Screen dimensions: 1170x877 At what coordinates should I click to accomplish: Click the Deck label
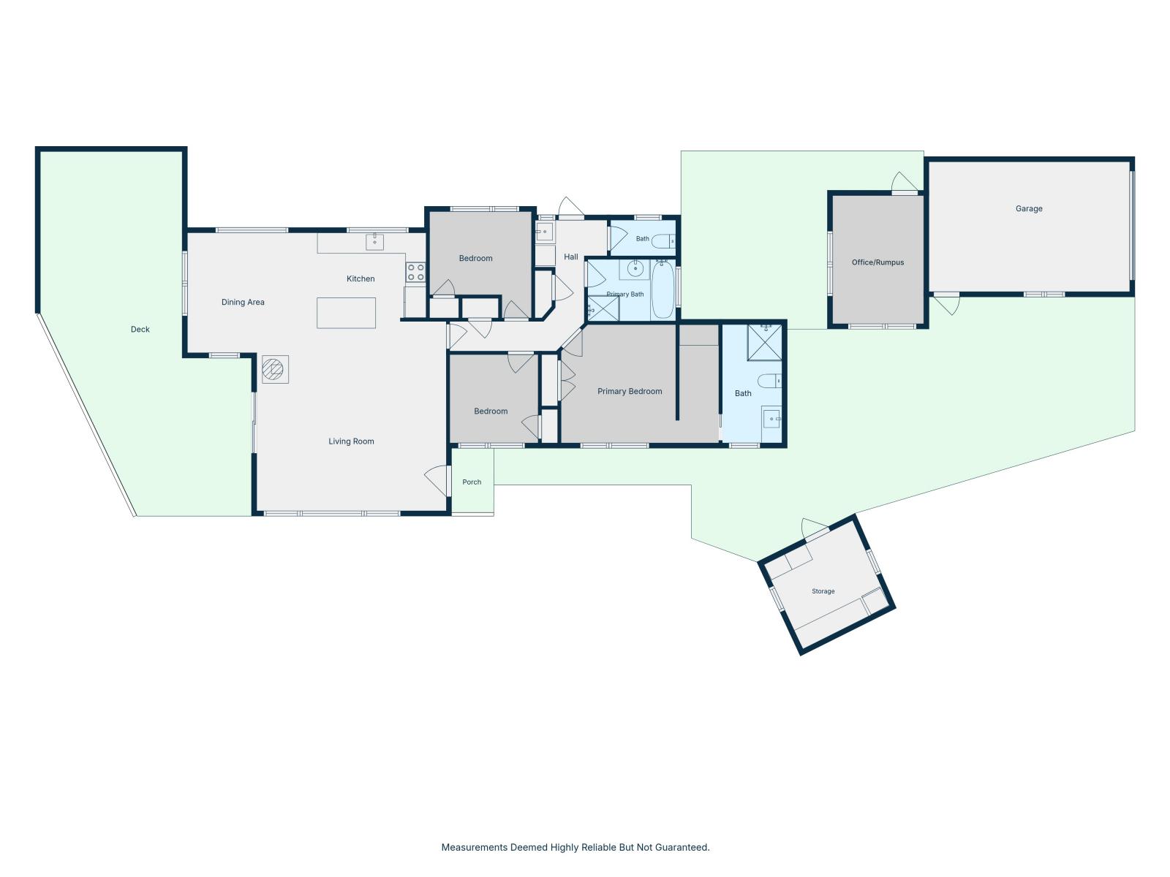point(140,329)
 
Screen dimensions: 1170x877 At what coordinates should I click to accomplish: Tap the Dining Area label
point(243,302)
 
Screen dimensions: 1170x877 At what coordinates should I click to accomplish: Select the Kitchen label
point(361,278)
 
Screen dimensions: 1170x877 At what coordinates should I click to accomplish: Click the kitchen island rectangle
point(346,313)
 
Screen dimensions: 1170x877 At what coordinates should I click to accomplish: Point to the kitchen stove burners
point(416,272)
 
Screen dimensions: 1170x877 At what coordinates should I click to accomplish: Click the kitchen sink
point(374,242)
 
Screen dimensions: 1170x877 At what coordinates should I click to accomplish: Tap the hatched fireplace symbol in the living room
point(275,370)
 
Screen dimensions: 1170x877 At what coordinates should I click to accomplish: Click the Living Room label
point(351,441)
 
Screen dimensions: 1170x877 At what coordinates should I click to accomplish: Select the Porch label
point(472,482)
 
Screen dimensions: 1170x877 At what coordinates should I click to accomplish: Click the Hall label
point(571,257)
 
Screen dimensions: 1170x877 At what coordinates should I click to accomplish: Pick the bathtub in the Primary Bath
point(663,289)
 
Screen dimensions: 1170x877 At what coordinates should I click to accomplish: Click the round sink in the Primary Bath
point(635,268)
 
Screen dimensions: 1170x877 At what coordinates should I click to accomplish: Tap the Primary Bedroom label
point(630,392)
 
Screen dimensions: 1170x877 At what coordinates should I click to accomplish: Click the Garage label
point(1029,209)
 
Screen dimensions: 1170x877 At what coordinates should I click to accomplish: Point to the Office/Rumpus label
point(878,262)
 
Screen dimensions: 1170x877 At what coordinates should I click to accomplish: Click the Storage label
point(823,591)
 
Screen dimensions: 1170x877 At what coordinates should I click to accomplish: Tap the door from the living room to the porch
point(438,480)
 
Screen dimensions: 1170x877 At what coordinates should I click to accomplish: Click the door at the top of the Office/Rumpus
point(905,183)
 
